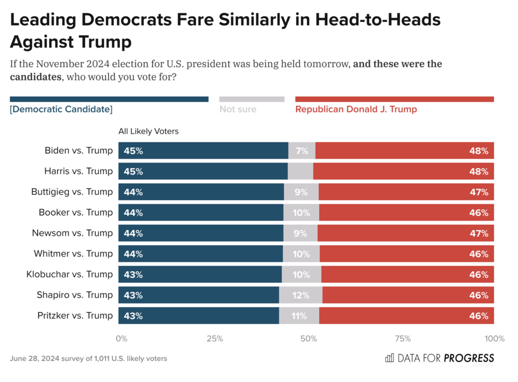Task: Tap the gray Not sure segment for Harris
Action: [x=300, y=172]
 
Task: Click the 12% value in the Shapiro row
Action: [x=300, y=295]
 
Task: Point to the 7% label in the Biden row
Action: [x=301, y=151]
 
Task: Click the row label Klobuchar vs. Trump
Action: [x=69, y=274]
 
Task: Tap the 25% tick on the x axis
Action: [x=214, y=338]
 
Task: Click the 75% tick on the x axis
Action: [x=402, y=338]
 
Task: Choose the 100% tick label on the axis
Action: [x=494, y=338]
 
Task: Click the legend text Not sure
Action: [x=238, y=109]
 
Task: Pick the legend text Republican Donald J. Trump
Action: [x=356, y=109]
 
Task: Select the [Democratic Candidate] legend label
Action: [x=61, y=109]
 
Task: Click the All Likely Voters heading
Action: [x=149, y=132]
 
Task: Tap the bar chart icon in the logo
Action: [x=390, y=358]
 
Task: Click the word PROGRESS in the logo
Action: [x=469, y=358]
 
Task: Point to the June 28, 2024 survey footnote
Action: [x=89, y=359]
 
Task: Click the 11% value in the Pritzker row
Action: [x=299, y=316]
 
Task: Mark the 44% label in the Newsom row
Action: [x=134, y=233]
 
